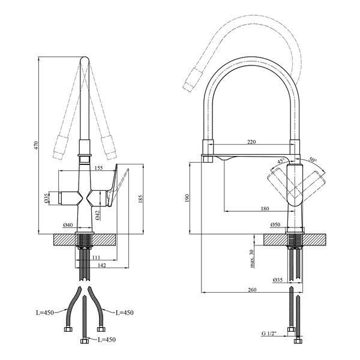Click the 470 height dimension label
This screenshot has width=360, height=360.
pos(35,146)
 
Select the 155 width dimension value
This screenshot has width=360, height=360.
pos(98,168)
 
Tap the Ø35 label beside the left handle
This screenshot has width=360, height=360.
pos(46,198)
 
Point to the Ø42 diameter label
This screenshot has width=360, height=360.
pos(97,215)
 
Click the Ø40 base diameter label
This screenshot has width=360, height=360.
pos(68,225)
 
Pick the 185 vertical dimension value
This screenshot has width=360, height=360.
pos(140,199)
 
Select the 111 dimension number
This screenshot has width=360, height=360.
pos(96,257)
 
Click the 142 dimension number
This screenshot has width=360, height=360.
pos(102,265)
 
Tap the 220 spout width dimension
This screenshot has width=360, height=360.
pos(251,142)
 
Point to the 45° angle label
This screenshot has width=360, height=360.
pos(281,161)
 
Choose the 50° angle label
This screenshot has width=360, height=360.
pos(313,160)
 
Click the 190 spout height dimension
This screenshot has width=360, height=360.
pos(187,198)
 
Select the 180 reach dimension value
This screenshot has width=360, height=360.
pos(265,208)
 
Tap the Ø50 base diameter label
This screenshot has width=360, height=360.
pos(275,224)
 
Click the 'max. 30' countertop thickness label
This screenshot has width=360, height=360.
pos(252,259)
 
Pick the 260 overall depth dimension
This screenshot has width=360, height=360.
pos(252,290)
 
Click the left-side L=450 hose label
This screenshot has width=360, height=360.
pos(45,313)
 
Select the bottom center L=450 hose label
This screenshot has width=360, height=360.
pos(107,340)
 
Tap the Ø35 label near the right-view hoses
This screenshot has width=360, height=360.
pos(278,280)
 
